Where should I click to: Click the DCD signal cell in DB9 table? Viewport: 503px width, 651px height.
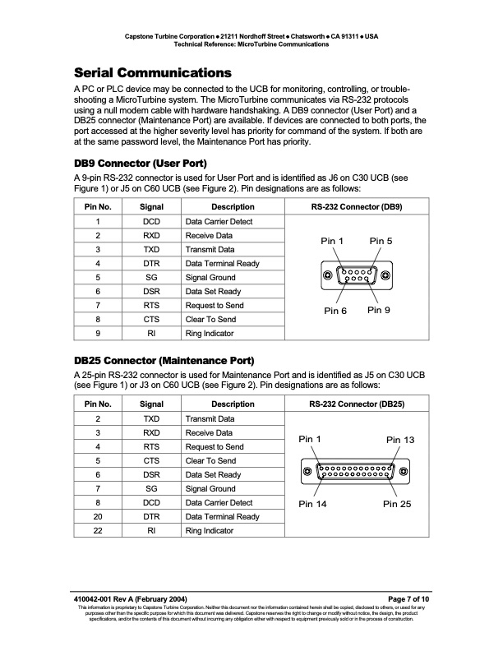click(x=151, y=222)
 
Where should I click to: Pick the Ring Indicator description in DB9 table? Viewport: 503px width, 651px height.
click(x=210, y=334)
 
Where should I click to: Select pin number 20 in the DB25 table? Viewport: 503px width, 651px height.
click(x=98, y=516)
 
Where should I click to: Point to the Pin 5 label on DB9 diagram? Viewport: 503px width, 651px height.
click(x=381, y=241)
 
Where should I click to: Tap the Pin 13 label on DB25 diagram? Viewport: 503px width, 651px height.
click(x=400, y=440)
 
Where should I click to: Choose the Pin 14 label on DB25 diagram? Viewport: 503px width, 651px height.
click(x=313, y=503)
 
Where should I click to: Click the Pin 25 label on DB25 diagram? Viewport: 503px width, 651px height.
click(x=399, y=503)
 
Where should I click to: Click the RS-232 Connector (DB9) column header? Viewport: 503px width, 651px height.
click(x=356, y=207)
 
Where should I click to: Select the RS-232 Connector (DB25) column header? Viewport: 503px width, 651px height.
click(x=357, y=404)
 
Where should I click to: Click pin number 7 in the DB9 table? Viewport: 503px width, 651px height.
click(x=98, y=306)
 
